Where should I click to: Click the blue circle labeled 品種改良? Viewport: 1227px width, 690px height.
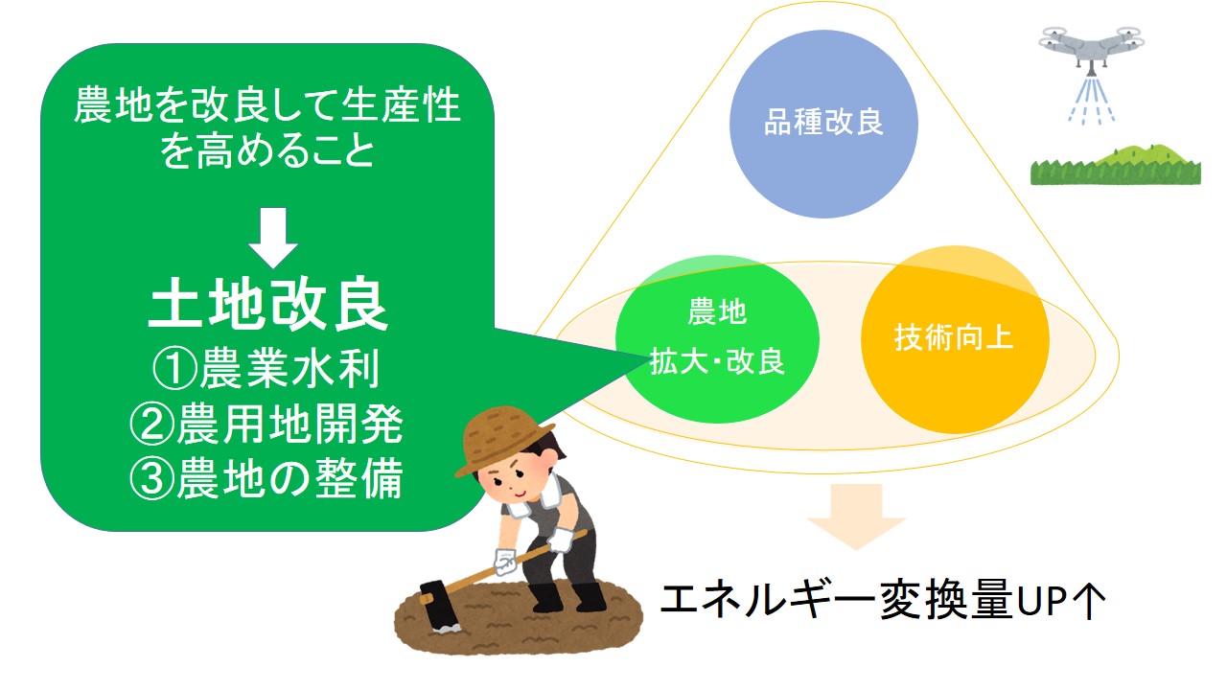[x=823, y=124]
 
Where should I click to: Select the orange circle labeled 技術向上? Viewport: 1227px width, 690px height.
[x=955, y=339]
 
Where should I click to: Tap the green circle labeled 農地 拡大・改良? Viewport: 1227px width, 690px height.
[x=717, y=339]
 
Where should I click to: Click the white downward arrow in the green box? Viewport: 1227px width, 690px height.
[x=273, y=238]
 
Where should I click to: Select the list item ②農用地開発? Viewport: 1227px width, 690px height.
[x=266, y=425]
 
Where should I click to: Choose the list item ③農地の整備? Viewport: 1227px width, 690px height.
[x=266, y=479]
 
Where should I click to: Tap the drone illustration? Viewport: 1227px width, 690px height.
[x=1091, y=48]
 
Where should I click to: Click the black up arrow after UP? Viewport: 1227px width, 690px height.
[x=1088, y=602]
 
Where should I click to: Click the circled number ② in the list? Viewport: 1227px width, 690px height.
[x=151, y=425]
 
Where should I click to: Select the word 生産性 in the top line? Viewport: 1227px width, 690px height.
[x=401, y=105]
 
